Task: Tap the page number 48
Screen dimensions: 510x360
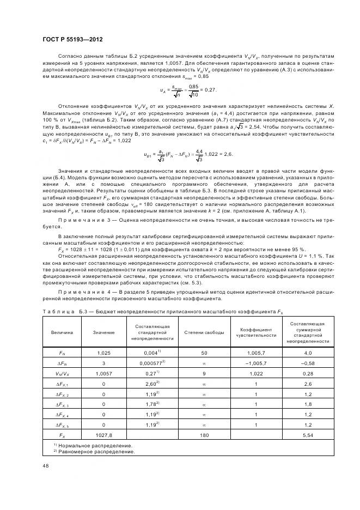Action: pos(45,466)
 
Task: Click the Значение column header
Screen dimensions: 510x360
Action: pos(103,332)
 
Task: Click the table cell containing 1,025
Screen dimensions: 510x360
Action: pos(103,353)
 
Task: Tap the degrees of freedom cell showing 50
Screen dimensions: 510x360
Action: pos(204,353)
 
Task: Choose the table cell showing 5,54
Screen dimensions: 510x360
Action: pos(308,436)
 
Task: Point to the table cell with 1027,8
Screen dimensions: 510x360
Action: pos(103,436)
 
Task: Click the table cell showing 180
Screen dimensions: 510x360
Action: pos(204,436)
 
